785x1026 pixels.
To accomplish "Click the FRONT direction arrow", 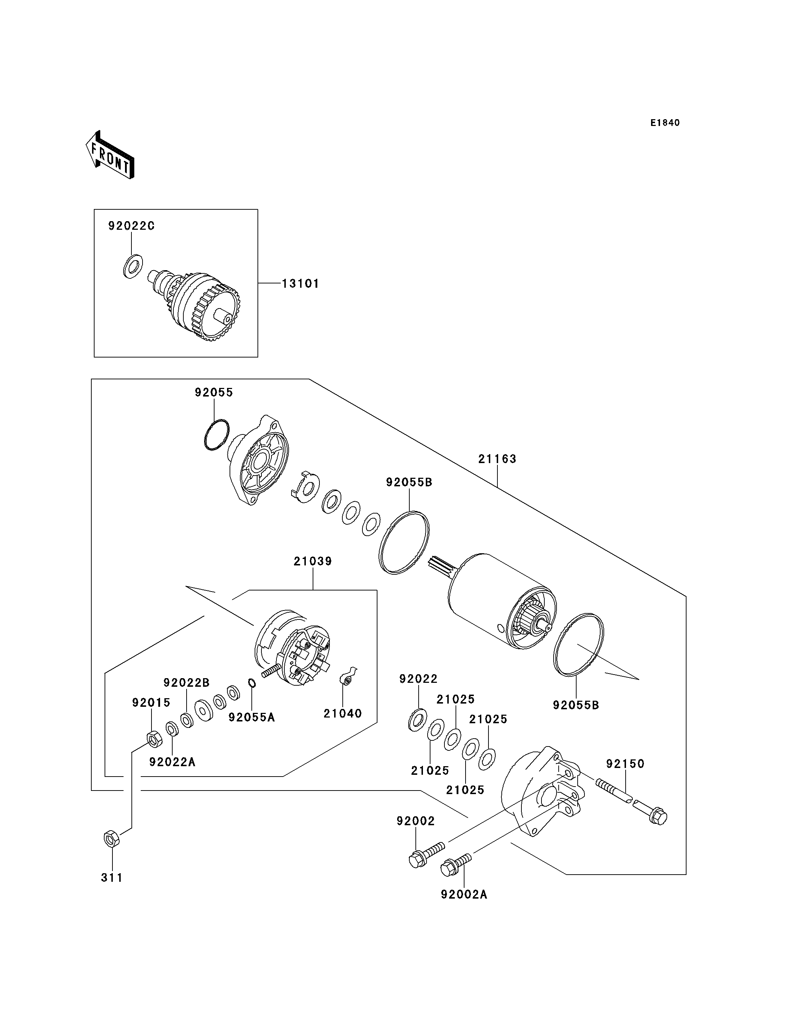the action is click(110, 156).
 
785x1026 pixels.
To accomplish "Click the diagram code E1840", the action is click(665, 123).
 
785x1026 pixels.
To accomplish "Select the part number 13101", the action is click(300, 283).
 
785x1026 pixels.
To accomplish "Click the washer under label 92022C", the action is click(133, 267).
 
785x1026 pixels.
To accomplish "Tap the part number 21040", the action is click(342, 713).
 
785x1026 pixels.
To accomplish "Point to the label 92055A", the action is click(251, 717).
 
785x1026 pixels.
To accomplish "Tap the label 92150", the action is click(625, 764).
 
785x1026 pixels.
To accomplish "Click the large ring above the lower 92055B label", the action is click(578, 644).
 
